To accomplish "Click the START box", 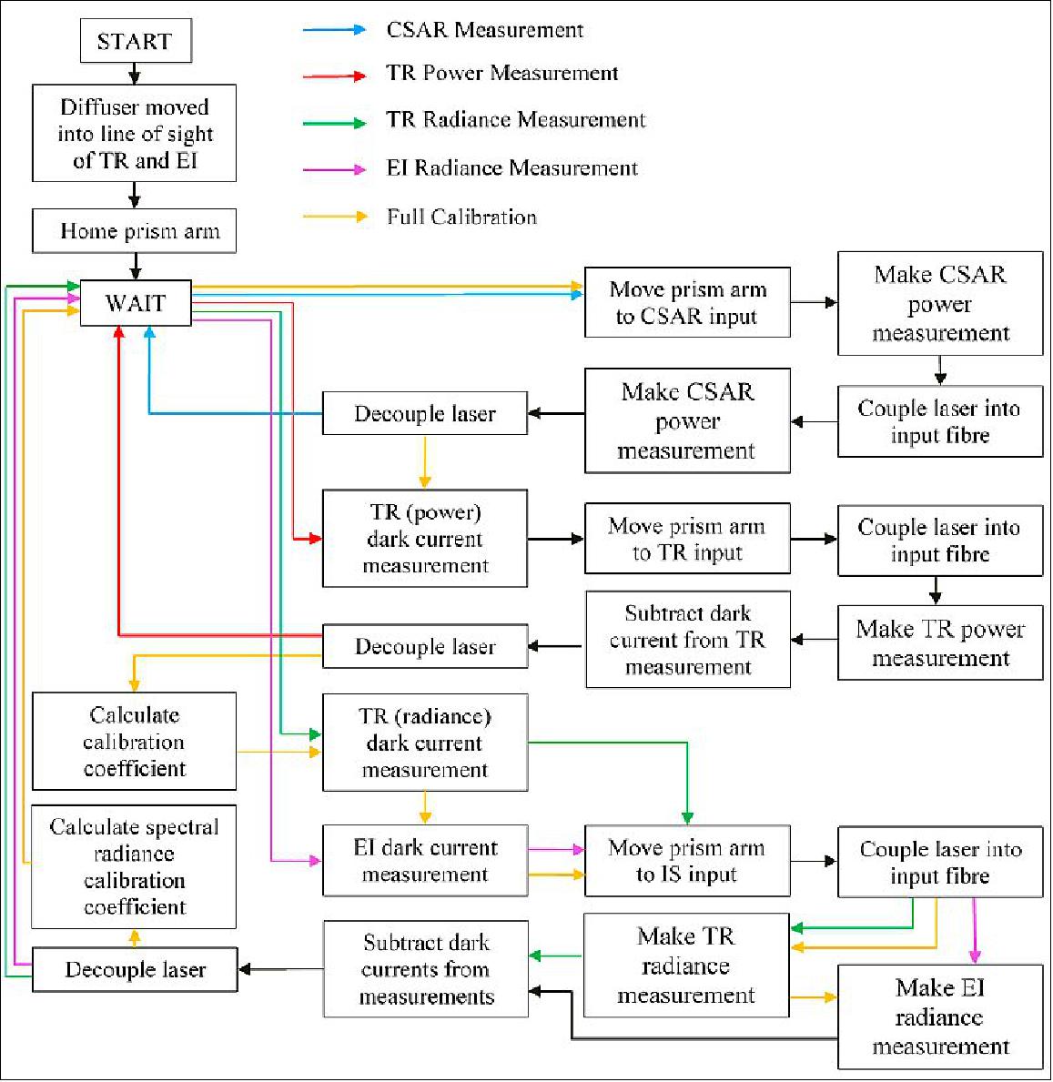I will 135,42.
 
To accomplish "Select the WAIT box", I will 136,302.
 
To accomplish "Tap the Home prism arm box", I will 135,231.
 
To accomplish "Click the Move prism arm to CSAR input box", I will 687,303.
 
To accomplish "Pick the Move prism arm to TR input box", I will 687,539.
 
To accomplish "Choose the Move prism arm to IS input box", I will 687,861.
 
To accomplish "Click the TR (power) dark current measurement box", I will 425,539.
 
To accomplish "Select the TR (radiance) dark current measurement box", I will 425,743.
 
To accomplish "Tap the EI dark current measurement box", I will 425,861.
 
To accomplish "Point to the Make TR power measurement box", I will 940,643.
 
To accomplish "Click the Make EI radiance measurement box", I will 940,1016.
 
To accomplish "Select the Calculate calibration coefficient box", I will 135,742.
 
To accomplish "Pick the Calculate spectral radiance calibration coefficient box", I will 134,866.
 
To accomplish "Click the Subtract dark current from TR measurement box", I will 688,640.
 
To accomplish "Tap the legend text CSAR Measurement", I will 484,30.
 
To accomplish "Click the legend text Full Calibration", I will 461,217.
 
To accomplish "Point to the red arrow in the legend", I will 335,76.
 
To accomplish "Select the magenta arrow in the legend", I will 335,169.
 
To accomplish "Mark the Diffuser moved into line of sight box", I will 135,134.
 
